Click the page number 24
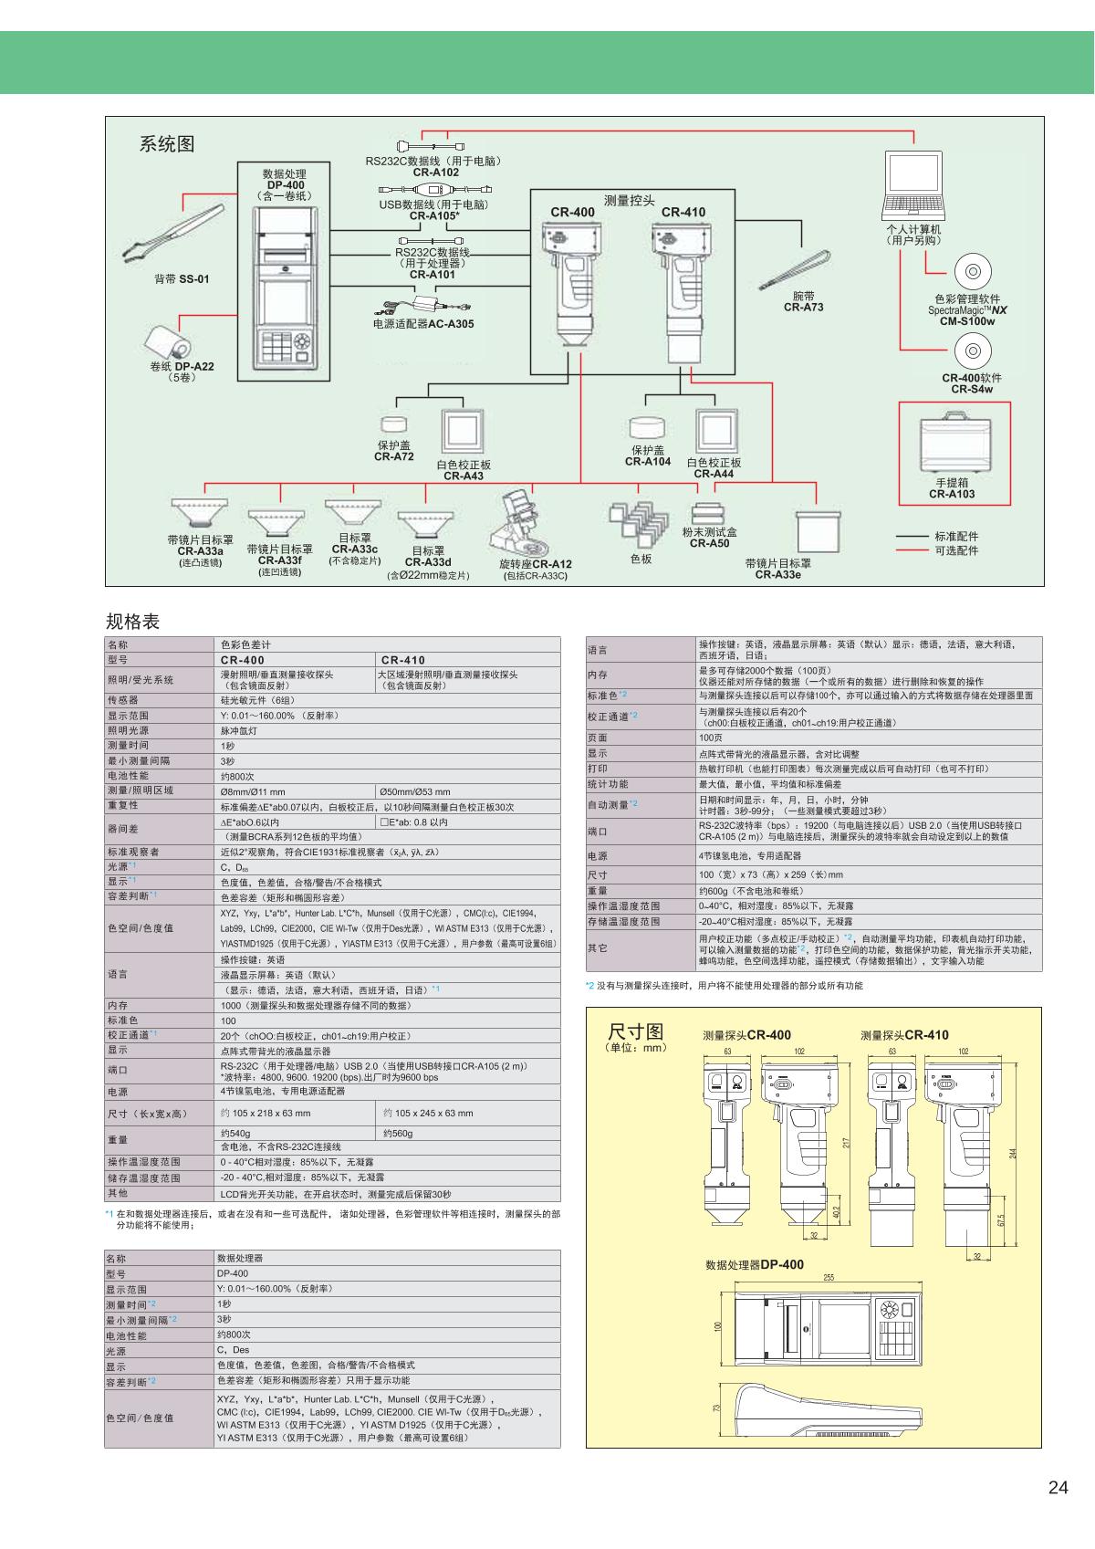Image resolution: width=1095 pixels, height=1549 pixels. pos(1058,1488)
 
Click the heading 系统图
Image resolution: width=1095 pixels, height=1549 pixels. pos(167,144)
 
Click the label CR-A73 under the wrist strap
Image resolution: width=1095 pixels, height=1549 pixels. pos(803,308)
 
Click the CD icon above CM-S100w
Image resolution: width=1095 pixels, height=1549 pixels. pos(972,272)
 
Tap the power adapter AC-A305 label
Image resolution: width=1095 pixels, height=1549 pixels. pos(423,324)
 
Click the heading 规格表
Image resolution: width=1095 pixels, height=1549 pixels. pos(132,622)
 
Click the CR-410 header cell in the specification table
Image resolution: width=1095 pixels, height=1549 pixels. pos(403,660)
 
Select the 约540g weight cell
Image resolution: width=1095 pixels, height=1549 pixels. pos(235,1133)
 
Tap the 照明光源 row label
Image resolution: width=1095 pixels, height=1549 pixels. pos(128,730)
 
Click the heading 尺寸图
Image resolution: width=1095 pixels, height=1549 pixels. pos(635,1032)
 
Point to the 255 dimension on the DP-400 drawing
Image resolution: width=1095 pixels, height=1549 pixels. pos(829,1277)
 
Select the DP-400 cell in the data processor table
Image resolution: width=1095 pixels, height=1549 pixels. pos(233,1273)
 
